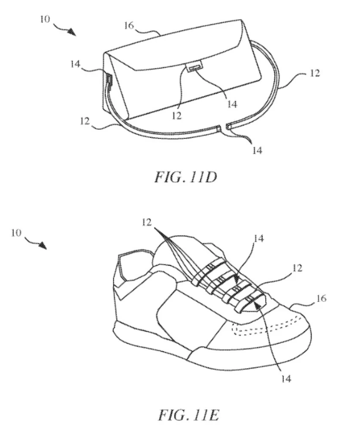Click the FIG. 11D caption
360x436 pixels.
tap(185, 177)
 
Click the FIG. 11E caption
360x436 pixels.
tap(189, 415)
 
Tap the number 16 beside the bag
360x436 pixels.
tap(129, 26)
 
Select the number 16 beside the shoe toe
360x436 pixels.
tap(321, 298)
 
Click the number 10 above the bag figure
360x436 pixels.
tap(45, 19)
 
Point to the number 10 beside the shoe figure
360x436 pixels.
tap(16, 233)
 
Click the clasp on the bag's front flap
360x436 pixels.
tap(195, 67)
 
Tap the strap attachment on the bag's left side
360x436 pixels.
tap(109, 80)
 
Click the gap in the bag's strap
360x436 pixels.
tap(224, 127)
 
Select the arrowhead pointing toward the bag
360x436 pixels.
tap(72, 32)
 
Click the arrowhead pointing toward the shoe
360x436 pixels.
tap(42, 245)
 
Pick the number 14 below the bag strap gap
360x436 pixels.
tap(257, 150)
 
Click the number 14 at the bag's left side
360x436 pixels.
tap(75, 64)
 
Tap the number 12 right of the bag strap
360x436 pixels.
tap(314, 73)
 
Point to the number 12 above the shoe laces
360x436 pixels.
tap(147, 223)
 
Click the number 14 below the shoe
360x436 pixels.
tap(286, 379)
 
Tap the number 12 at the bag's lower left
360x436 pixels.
tap(85, 121)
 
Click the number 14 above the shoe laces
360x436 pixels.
tap(258, 238)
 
